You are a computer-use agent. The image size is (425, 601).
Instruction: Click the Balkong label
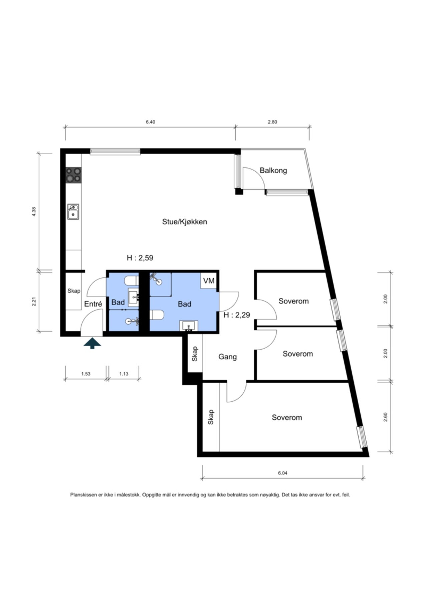(273, 171)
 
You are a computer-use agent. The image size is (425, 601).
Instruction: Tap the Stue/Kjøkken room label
(185, 222)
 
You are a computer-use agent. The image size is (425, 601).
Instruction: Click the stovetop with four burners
(73, 175)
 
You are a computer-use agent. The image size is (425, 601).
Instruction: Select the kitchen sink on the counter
(73, 212)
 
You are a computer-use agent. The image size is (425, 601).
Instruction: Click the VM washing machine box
(209, 281)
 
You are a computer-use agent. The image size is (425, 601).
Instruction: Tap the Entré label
(93, 304)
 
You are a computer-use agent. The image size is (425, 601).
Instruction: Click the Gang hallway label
(228, 357)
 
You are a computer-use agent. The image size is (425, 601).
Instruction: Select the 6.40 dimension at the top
(150, 122)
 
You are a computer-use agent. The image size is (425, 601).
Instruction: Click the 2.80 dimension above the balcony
(272, 122)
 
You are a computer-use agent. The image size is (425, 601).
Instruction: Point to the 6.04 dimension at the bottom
(282, 473)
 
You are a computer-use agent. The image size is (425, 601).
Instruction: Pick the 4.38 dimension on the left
(33, 212)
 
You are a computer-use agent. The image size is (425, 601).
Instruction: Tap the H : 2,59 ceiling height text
(140, 258)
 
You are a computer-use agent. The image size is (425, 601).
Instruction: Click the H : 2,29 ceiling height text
(237, 315)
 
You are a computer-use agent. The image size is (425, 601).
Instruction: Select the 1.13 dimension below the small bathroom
(124, 374)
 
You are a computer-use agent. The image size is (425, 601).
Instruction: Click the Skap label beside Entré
(74, 291)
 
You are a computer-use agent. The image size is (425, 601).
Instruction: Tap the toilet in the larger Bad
(157, 315)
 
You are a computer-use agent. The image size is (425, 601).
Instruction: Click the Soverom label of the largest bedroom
(287, 417)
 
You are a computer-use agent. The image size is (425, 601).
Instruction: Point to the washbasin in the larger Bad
(189, 326)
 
